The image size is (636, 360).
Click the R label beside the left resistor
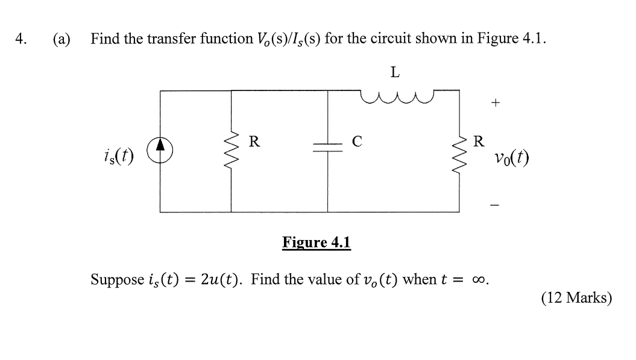click(254, 142)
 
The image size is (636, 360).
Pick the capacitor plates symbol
click(328, 151)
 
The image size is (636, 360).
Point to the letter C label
click(357, 142)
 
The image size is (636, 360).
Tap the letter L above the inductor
click(395, 72)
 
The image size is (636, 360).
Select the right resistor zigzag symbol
click(460, 151)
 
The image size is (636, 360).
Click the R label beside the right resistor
click(479, 142)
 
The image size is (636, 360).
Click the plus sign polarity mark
click(495, 103)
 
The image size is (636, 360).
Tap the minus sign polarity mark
click(495, 206)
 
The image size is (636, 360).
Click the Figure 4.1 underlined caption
click(316, 243)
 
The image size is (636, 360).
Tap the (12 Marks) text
click(576, 298)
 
